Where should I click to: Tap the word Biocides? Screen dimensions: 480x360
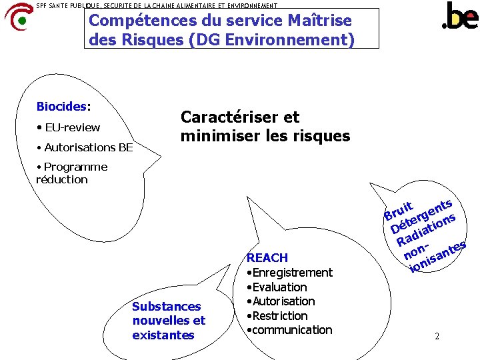coord(61,107)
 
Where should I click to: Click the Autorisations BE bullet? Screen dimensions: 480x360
coord(86,147)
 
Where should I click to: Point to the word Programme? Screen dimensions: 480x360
coord(75,167)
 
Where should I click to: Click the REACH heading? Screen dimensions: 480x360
coord(267,258)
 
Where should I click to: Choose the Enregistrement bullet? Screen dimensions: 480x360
coord(289,273)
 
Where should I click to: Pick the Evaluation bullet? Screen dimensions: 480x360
coord(277,287)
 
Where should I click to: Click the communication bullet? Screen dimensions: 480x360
coord(289,330)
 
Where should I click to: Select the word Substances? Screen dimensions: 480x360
coord(167,307)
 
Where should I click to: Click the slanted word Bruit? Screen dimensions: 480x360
coord(399,211)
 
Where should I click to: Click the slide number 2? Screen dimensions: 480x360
coord(437,337)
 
